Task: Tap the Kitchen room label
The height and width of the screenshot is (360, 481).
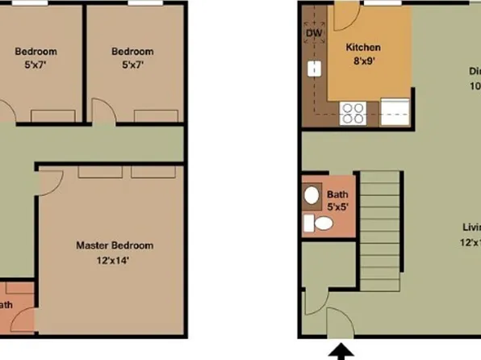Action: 363,48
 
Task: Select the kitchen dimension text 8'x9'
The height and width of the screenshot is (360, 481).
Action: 363,61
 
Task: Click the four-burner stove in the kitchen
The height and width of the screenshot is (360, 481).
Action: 353,112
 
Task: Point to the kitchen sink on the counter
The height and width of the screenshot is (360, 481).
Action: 312,69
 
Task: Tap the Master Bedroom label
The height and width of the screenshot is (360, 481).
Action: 115,245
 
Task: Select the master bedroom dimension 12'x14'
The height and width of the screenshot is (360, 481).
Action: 115,260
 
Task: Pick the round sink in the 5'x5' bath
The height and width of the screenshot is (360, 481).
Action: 312,196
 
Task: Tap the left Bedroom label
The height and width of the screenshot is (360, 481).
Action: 36,51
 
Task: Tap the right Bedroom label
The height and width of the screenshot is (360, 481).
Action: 132,51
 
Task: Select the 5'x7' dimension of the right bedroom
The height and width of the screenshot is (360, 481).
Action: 132,65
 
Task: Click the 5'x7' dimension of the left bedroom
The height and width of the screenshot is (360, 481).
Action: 36,65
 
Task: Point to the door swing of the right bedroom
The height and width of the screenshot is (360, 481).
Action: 103,111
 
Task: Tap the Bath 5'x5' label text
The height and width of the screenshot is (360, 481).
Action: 337,200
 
